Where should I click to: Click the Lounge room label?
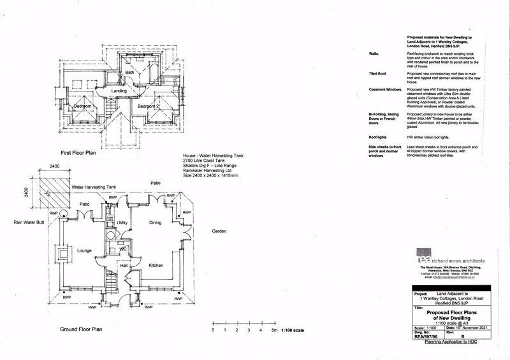(85, 250)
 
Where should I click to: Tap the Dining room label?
(155, 223)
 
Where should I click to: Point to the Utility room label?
(123, 223)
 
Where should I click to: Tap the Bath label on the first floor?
(129, 73)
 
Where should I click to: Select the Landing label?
(119, 91)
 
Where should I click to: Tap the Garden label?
(220, 232)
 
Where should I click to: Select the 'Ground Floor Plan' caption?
(81, 329)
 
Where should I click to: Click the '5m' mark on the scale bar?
(274, 331)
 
